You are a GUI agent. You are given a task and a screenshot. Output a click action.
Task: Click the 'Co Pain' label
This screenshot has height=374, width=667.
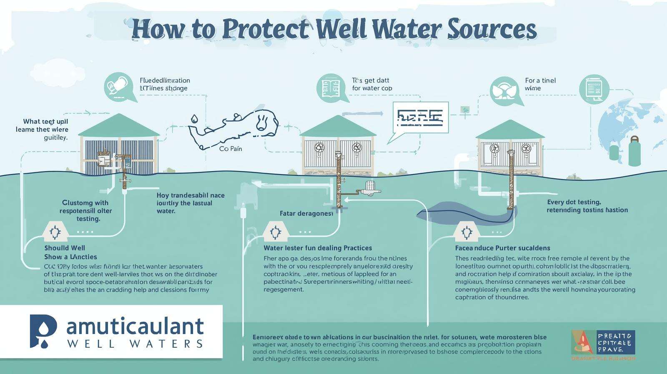click(230, 149)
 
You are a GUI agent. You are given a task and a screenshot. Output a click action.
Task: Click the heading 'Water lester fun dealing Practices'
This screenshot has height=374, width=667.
click(318, 248)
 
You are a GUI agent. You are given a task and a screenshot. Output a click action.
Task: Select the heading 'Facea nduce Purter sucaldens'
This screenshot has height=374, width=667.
click(502, 248)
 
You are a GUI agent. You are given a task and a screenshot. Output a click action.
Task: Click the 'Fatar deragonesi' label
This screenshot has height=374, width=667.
click(306, 213)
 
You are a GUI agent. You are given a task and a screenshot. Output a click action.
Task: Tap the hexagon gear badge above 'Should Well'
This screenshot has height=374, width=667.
click(55, 232)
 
